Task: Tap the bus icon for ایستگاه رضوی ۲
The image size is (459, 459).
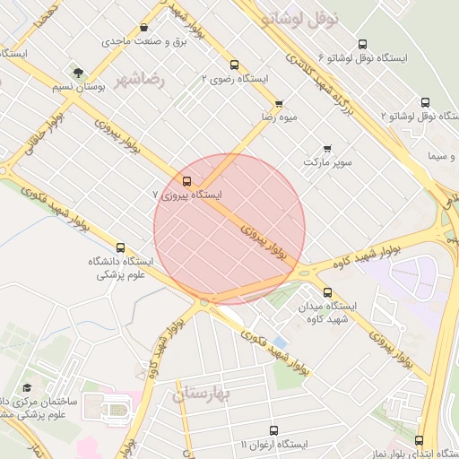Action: tap(234, 65)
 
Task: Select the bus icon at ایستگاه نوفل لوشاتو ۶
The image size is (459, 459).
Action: tap(362, 44)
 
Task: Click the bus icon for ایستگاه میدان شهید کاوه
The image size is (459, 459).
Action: tap(326, 292)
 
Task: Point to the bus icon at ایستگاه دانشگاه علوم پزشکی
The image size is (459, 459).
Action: tap(120, 247)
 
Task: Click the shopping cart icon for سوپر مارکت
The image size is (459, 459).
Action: tap(326, 149)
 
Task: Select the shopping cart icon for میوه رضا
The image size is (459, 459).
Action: tap(279, 104)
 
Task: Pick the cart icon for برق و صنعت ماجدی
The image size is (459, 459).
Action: tap(145, 27)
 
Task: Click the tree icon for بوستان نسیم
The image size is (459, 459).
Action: tap(79, 70)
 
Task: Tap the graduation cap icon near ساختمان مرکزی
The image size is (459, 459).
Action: tap(28, 388)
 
